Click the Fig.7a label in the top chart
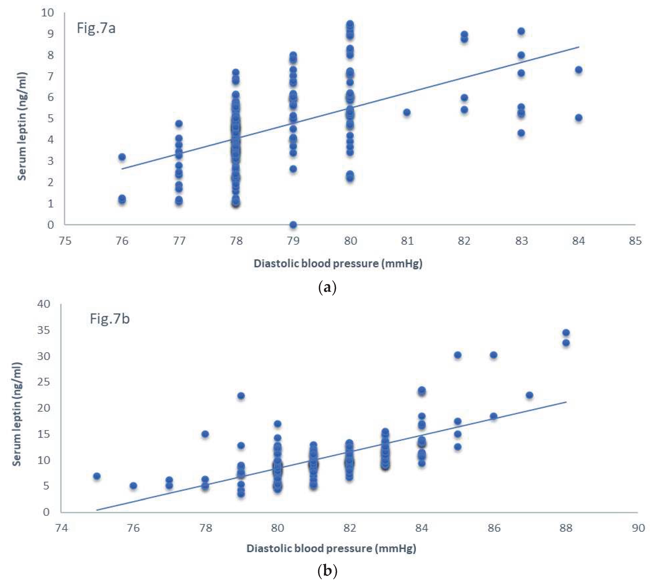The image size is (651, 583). pos(96,28)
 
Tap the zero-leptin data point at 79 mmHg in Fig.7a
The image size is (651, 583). pos(293,225)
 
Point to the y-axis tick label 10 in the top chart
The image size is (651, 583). pos(47,13)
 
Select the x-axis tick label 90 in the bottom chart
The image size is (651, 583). pos(638,528)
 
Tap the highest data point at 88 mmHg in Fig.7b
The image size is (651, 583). pos(566,333)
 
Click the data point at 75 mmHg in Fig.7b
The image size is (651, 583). pos(97,476)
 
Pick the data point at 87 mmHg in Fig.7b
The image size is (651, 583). pos(529,395)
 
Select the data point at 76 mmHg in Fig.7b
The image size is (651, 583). pos(133,486)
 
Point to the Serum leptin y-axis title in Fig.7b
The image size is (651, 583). pos(17,414)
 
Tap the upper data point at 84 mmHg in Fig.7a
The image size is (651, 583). pos(578,70)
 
